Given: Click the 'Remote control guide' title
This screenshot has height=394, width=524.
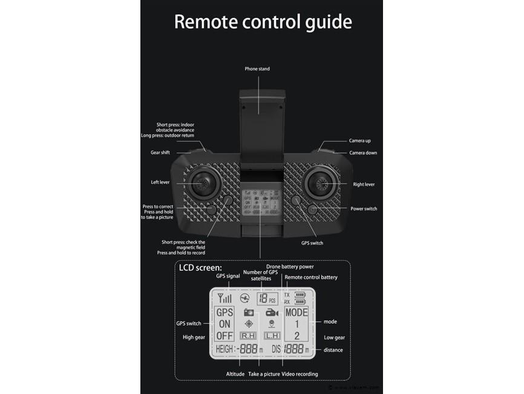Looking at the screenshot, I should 263,22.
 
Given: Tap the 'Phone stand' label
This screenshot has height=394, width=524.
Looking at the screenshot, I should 257,69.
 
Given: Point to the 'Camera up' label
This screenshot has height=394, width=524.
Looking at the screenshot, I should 360,141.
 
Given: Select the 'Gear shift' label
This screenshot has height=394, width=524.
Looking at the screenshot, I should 160,153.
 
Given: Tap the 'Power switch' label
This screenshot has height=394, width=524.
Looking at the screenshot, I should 364,209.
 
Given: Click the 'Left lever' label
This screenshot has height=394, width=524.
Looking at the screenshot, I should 160,182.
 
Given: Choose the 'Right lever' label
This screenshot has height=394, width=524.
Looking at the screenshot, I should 364,184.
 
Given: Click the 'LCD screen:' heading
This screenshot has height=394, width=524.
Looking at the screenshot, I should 200,267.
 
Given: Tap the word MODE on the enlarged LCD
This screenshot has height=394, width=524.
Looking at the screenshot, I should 296,313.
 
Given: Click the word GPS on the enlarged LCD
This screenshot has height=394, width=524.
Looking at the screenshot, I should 224,313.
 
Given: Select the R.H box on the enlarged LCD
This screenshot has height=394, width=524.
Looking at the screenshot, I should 248,335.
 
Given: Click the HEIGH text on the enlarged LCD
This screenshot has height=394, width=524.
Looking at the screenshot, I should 223,350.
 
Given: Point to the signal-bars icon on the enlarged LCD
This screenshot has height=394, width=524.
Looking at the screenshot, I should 225,298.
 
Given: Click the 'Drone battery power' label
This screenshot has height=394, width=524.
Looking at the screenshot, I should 290,267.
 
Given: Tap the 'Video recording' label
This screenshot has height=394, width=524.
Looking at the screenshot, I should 300,374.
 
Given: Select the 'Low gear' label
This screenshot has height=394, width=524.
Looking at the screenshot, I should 334,338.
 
